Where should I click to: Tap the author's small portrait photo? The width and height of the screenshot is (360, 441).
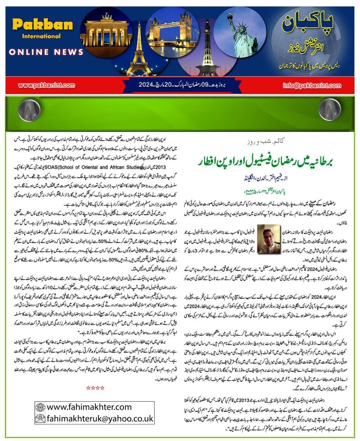268,236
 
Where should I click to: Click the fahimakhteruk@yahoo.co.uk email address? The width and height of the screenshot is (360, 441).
99,418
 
